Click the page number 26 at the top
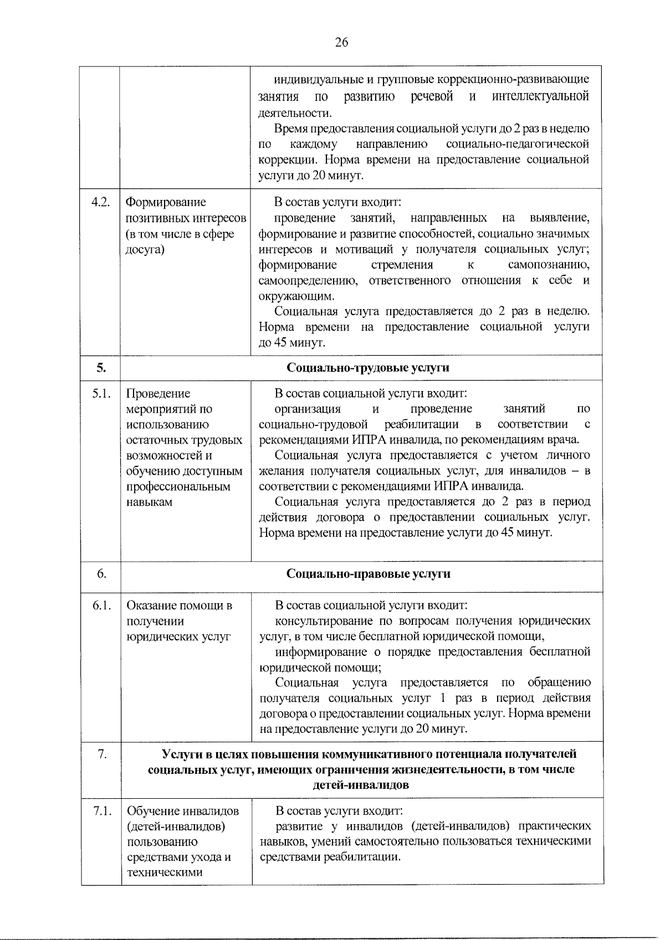(x=341, y=43)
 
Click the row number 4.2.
(x=100, y=203)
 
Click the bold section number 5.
(x=100, y=368)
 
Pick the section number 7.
(x=101, y=754)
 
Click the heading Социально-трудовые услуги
(x=368, y=368)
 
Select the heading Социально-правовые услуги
(x=368, y=574)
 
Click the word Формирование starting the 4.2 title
(x=166, y=203)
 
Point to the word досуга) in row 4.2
(x=145, y=249)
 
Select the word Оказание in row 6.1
(x=151, y=606)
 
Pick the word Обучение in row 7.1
(x=151, y=811)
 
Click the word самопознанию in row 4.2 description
(x=549, y=265)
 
